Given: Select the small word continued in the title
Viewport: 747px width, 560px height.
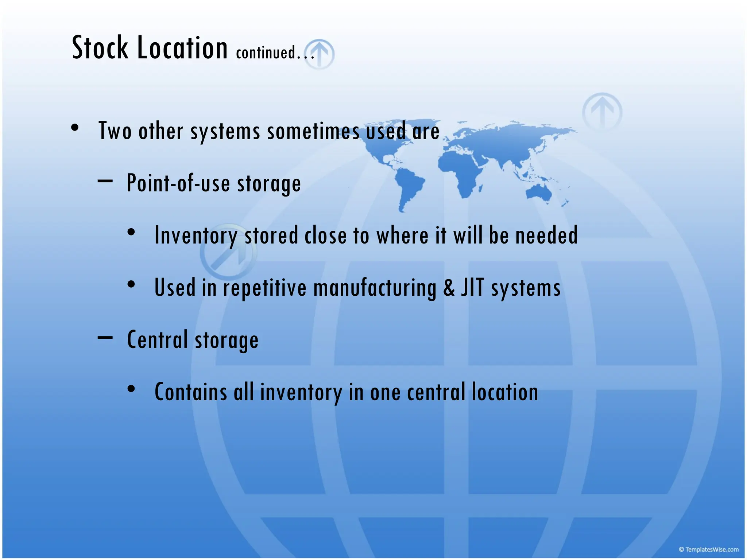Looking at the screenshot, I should [x=266, y=52].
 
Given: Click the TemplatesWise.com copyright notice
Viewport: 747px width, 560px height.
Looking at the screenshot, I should [x=708, y=549].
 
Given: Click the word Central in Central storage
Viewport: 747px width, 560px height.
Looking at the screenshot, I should [x=157, y=339].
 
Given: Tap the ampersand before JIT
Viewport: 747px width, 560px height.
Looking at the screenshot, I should [x=449, y=287].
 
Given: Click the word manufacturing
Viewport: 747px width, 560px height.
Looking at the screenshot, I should [x=375, y=288].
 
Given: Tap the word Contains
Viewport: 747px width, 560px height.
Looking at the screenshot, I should [x=191, y=392].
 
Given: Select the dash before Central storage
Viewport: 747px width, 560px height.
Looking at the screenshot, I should [x=105, y=338].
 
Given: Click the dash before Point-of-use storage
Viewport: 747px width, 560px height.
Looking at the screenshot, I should [x=105, y=180].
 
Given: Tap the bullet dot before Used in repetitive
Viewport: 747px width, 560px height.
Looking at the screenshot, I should [x=131, y=284].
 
